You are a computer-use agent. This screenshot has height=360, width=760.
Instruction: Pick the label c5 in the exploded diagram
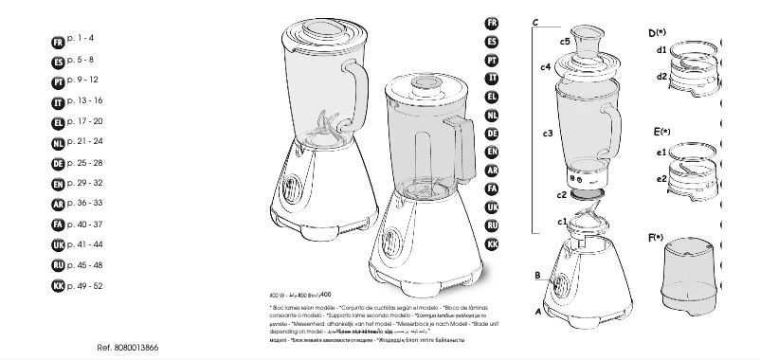point(564,42)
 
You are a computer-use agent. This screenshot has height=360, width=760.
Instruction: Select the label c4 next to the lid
point(546,67)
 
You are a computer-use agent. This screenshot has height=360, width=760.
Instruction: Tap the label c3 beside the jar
point(548,134)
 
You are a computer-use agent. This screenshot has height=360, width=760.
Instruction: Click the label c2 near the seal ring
point(562,194)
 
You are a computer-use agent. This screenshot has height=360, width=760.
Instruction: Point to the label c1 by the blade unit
point(563,222)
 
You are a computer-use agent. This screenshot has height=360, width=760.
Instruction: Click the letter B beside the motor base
point(536,276)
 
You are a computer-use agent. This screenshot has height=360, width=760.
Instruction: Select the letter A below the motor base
point(538,310)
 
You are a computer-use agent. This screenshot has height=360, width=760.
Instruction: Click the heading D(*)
point(660,32)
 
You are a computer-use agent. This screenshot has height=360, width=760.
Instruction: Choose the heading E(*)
point(661,131)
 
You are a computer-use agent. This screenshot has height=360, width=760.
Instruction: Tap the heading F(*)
point(660,237)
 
